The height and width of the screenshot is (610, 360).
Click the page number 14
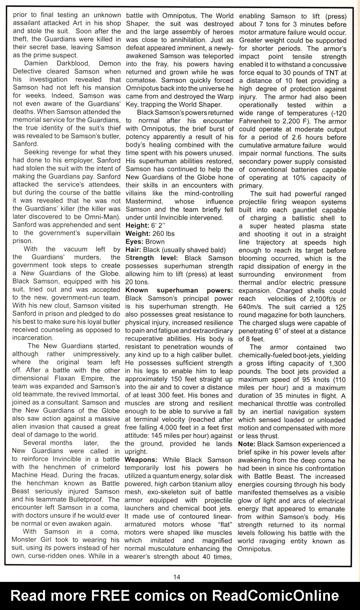[x=177, y=577]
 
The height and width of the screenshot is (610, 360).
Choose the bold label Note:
[x=246, y=444]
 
